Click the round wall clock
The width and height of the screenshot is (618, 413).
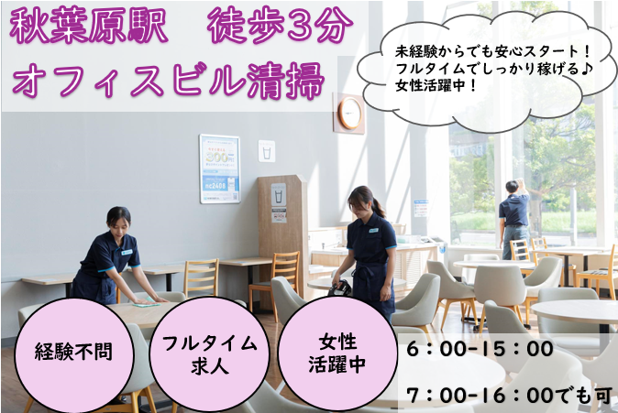click(349, 113)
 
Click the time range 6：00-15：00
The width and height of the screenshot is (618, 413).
click(478, 349)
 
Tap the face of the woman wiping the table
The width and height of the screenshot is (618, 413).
click(120, 222)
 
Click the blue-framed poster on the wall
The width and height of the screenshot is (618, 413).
click(220, 168)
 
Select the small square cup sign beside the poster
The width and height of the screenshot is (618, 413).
click(267, 150)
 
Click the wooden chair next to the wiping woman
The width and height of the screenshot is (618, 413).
click(201, 275)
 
